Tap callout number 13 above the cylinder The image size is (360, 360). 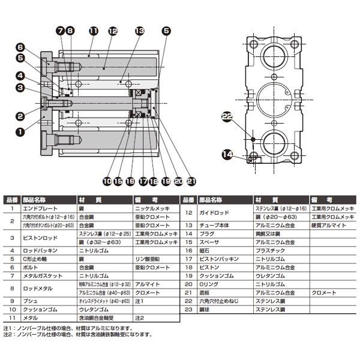pyautogui.click(x=140, y=30)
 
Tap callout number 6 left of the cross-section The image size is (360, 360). pyautogui.click(x=19, y=47)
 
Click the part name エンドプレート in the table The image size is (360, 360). pyautogui.click(x=40, y=208)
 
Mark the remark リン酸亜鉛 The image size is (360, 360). pyautogui.click(x=148, y=259)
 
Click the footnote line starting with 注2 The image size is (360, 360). pyautogui.click(x=79, y=335)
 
